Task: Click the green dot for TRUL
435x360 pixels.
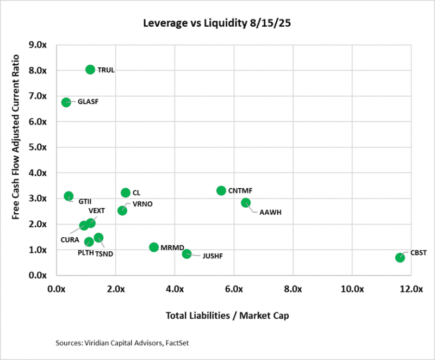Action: (x=90, y=69)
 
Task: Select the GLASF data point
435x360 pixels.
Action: (x=66, y=102)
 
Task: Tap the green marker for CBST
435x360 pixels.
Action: (x=400, y=257)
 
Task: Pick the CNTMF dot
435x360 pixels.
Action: (x=221, y=190)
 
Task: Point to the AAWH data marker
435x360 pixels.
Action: (x=246, y=203)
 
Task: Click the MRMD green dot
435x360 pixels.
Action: (x=154, y=247)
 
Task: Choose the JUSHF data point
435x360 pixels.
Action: (x=187, y=253)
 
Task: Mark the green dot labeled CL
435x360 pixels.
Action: (x=126, y=193)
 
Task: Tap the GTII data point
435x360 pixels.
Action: (x=69, y=196)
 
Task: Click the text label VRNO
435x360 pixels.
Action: (x=135, y=204)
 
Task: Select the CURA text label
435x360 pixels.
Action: (x=70, y=239)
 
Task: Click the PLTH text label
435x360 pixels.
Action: (x=85, y=253)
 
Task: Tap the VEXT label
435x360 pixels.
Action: (x=97, y=211)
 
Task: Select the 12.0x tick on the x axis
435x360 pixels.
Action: (x=410, y=289)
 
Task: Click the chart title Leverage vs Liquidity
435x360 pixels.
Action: (x=217, y=23)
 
